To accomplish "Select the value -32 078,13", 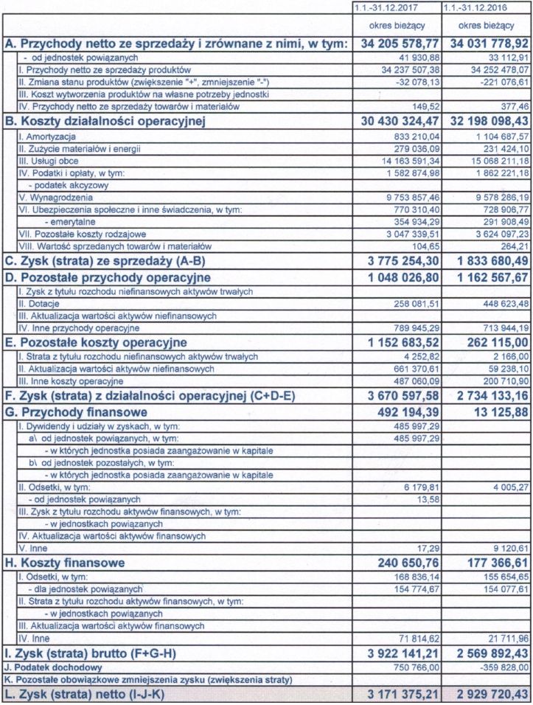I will [x=417, y=81].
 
